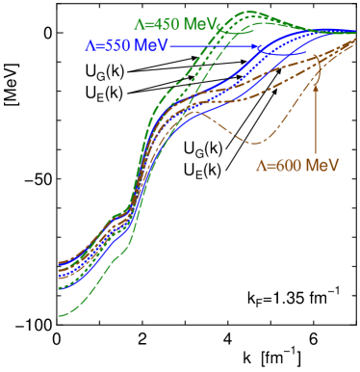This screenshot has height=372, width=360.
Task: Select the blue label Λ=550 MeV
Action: [x=127, y=45]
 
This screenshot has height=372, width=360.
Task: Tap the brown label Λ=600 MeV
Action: [x=297, y=165]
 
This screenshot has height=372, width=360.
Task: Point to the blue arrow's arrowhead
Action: [x=260, y=46]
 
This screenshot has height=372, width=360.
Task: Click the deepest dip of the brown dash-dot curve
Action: [x=255, y=143]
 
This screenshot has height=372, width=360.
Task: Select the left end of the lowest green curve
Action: [x=60, y=314]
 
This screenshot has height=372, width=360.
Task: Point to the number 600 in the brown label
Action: [x=293, y=165]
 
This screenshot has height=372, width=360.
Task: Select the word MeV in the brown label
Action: [x=323, y=165]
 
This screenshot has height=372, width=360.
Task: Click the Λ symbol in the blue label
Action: [x=90, y=45]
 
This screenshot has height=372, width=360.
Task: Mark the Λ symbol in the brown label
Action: [x=260, y=165]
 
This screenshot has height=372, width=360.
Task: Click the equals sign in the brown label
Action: [x=270, y=165]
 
